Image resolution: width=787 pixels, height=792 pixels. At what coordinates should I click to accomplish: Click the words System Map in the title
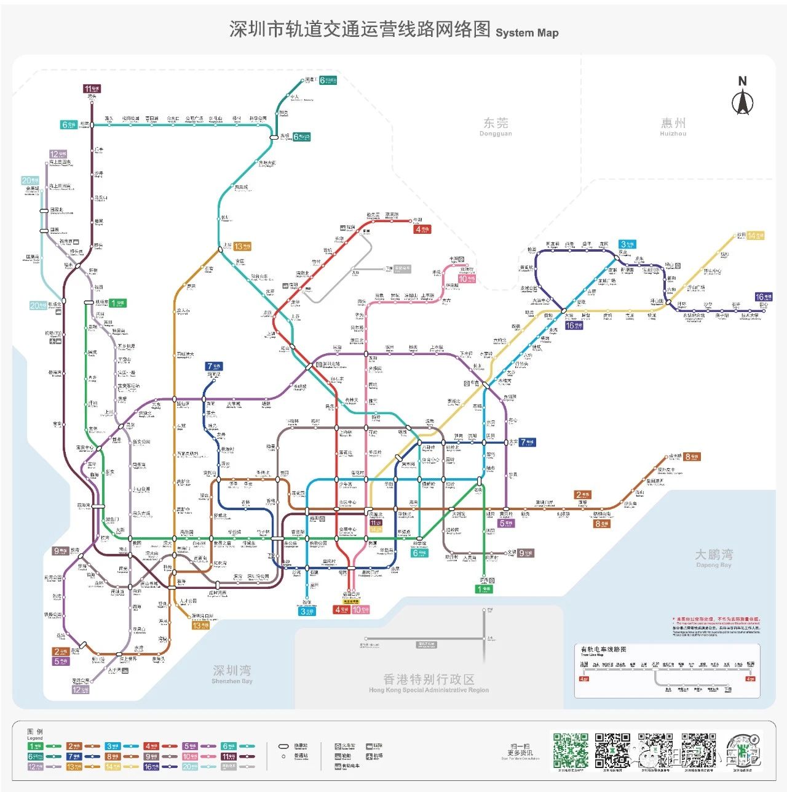point(527,33)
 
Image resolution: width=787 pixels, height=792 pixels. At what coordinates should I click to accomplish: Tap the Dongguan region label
point(496,126)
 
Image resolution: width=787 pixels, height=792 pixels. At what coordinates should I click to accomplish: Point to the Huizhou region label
point(673,126)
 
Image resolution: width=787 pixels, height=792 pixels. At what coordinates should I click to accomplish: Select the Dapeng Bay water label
point(713,557)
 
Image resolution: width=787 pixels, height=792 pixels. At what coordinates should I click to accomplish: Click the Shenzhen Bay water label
point(232,673)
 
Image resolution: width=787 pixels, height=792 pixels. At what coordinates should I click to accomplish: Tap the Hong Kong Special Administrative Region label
point(429,682)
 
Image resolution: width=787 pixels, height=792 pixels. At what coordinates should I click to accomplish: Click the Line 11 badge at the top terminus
point(92,89)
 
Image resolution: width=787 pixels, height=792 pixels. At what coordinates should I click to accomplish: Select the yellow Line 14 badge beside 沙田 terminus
point(755,236)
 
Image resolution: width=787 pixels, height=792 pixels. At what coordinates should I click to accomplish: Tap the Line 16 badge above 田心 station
point(763,297)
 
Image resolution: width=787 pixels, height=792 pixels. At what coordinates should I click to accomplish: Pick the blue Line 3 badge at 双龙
point(627,244)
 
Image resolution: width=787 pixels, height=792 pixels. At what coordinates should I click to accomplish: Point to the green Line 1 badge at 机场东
point(118,303)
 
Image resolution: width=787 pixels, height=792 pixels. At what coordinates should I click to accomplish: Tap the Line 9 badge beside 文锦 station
point(525,553)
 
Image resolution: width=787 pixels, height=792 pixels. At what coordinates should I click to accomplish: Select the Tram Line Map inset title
point(603,650)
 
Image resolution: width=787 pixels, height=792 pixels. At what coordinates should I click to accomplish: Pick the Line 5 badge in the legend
point(190,746)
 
